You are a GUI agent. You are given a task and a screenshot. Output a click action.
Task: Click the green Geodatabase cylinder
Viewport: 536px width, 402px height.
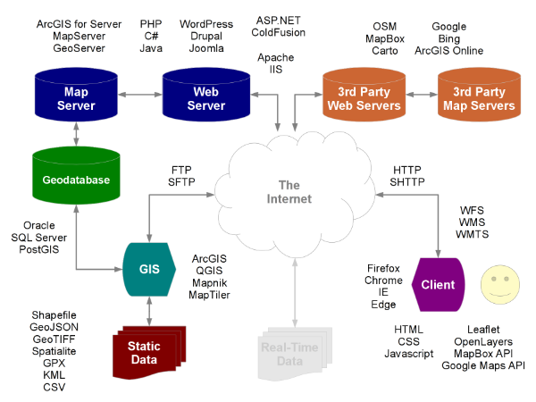[x=75, y=180]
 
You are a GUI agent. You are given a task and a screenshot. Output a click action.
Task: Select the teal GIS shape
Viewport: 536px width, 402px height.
[x=147, y=267]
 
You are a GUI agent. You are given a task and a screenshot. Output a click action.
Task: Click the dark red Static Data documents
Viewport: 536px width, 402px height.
[x=144, y=352]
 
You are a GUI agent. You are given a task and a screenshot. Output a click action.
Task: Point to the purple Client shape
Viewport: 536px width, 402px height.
[x=439, y=285]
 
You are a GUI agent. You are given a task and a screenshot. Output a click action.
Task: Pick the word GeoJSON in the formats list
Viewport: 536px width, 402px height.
[x=54, y=328]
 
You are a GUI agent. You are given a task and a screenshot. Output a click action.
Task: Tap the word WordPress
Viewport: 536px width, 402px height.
[x=205, y=24]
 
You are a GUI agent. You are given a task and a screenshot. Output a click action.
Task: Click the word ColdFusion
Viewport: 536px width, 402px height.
[x=278, y=32]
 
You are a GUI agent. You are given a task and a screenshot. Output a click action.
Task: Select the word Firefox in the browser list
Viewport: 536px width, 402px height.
[x=383, y=268]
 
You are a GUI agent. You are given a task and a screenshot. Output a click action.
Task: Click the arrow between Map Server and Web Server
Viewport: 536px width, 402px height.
[x=139, y=94]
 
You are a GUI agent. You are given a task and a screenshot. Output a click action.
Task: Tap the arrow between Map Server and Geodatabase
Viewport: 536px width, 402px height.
[x=75, y=134]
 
